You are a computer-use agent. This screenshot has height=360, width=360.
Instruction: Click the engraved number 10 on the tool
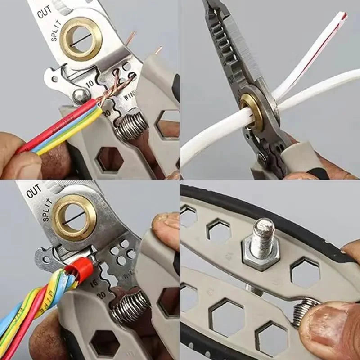pos(90,84)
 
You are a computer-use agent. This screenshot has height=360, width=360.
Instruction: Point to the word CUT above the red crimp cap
pos(34,191)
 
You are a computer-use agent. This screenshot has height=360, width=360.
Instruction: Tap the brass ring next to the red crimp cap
pos(74,217)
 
